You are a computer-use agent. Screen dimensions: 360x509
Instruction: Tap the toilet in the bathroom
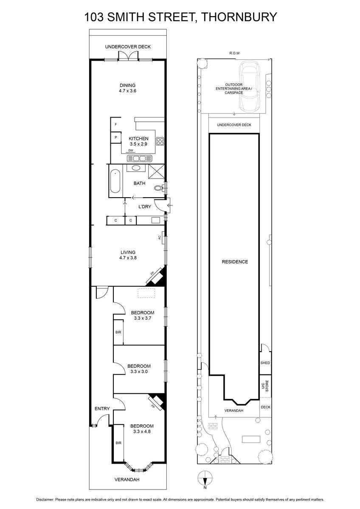coord(158,188)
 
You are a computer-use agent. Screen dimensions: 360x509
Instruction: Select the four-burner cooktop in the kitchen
coord(160,141)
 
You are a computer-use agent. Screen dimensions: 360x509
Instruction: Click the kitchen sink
coord(139,158)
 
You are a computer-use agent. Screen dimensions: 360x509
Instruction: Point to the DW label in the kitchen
coord(130,151)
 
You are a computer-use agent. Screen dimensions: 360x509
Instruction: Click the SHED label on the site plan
coord(265,363)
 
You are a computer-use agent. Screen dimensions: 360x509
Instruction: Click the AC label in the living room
coord(160,238)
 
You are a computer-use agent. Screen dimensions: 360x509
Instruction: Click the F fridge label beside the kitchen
coord(116,125)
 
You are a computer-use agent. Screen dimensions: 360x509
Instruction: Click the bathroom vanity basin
coord(136,168)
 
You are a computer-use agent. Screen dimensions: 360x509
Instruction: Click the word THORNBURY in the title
coord(239,17)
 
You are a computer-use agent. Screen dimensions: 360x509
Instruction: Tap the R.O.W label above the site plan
coord(234,53)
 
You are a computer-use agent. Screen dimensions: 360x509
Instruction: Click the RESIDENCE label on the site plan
coord(235,262)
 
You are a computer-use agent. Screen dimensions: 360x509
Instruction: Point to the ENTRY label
coord(102,408)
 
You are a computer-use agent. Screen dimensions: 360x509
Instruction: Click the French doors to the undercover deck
coord(128,56)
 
